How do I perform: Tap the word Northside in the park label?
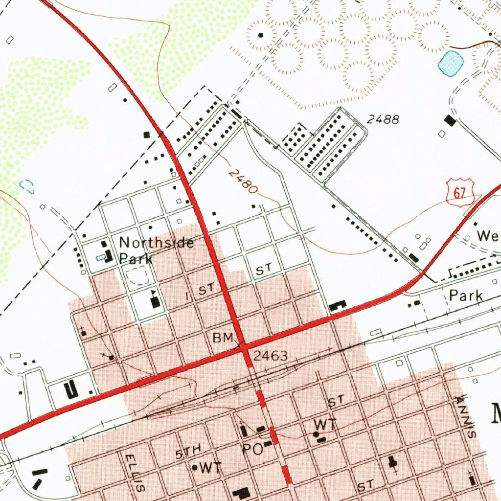click(157, 243)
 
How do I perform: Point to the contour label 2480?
click(243, 182)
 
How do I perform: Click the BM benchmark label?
click(223, 338)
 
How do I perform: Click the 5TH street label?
click(188, 451)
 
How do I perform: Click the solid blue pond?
click(451, 63)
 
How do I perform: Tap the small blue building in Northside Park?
click(101, 256)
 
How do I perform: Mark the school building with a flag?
click(155, 301)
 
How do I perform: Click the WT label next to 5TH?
click(210, 468)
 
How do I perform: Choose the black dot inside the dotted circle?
click(260, 35)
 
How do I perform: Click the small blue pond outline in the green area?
click(27, 185)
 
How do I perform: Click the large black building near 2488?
click(450, 120)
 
